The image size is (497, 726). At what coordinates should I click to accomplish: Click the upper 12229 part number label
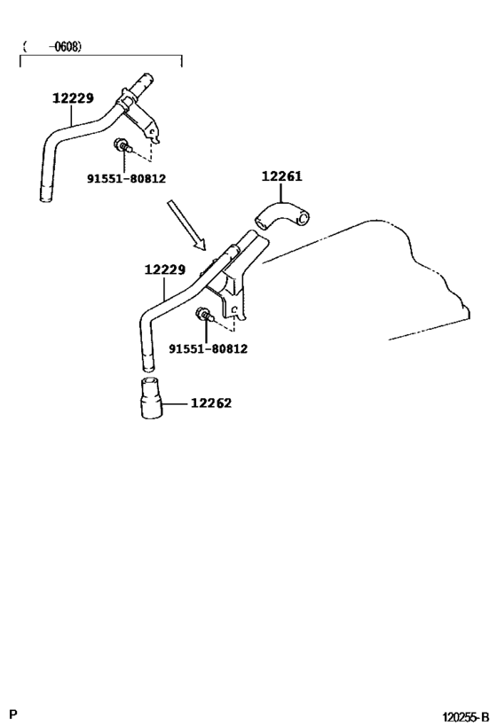click(73, 99)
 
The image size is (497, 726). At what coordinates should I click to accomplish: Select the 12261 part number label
click(281, 176)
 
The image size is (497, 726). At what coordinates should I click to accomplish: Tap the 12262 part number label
click(210, 403)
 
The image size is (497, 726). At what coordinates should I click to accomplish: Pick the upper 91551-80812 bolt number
click(126, 178)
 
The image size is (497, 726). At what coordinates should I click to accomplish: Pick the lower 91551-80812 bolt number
click(208, 348)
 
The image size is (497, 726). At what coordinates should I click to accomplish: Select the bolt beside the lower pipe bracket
click(204, 315)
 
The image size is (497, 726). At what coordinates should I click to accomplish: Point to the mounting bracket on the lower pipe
click(233, 293)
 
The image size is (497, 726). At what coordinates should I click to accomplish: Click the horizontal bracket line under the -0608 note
click(100, 57)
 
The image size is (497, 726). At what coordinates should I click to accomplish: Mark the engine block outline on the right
click(417, 266)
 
